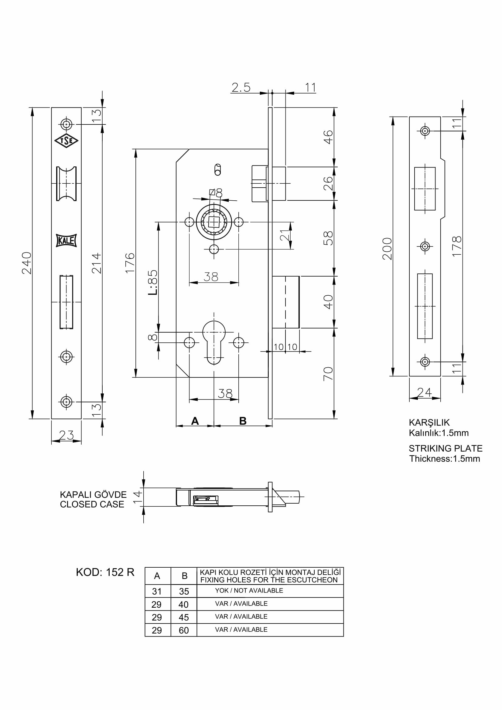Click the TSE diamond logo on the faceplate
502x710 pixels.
click(x=66, y=141)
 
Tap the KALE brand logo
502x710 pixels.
click(x=66, y=240)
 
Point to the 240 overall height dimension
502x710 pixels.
click(x=27, y=263)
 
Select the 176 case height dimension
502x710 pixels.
click(x=130, y=263)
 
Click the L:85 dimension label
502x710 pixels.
click(x=153, y=282)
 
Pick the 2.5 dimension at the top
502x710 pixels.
click(x=241, y=87)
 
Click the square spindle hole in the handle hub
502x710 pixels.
click(x=214, y=222)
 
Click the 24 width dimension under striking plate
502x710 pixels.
click(x=424, y=392)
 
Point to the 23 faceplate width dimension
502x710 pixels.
click(x=66, y=435)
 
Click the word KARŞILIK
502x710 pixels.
click(x=429, y=423)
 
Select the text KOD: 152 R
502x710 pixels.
click(x=105, y=572)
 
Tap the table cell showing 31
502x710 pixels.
click(x=157, y=591)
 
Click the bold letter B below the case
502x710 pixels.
click(x=243, y=421)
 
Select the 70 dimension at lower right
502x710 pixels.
click(x=328, y=374)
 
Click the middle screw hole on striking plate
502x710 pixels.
click(x=425, y=246)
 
